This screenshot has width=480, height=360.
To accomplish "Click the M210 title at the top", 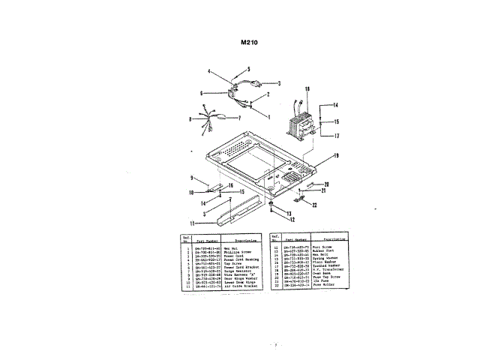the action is [250, 43].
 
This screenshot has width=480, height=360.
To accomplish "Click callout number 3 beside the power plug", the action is [279, 83].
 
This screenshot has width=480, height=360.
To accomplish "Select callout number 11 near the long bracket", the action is [193, 223].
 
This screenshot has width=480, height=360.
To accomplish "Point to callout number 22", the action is [315, 204].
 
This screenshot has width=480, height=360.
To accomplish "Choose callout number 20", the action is [327, 182].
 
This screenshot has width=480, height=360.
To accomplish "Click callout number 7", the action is [238, 118].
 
